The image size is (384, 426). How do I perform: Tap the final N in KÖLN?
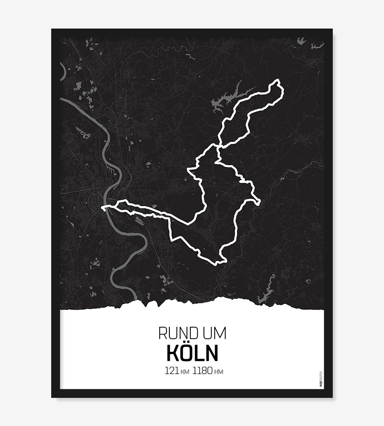tap(212, 353)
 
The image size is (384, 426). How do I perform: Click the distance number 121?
tap(172, 371)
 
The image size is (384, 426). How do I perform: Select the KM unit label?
tap(184, 372)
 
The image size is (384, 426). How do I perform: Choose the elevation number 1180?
tap(202, 371)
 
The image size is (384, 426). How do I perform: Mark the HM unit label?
tap(218, 372)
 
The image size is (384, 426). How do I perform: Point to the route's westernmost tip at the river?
tap(104, 208)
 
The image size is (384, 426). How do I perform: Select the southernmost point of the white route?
tap(218, 262)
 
